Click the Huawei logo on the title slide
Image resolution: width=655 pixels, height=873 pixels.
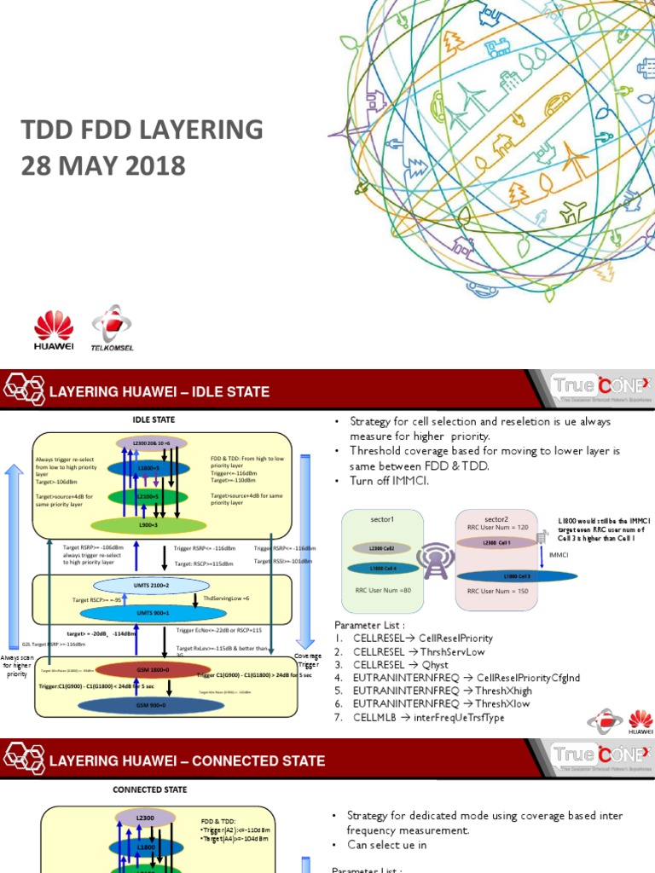click(x=54, y=331)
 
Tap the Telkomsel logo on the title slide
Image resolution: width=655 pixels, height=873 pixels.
click(x=112, y=328)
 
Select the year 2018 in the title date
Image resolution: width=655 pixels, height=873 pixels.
click(x=150, y=165)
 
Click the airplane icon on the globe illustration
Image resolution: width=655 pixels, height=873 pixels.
click(x=573, y=210)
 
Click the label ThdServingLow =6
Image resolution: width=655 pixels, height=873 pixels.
click(x=227, y=598)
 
